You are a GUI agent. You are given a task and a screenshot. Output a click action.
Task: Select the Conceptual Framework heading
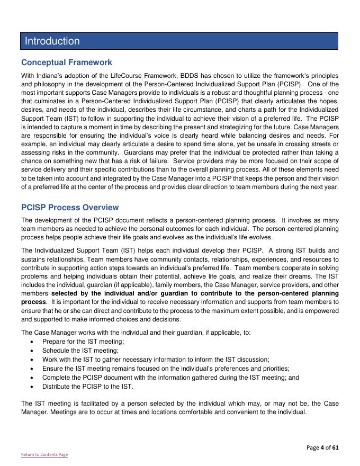click(x=66, y=62)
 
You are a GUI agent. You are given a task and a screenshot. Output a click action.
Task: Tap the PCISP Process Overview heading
click(x=70, y=208)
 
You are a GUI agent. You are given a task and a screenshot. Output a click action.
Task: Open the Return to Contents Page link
click(x=44, y=454)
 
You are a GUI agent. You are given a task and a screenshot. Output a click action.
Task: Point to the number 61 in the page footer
click(x=335, y=447)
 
